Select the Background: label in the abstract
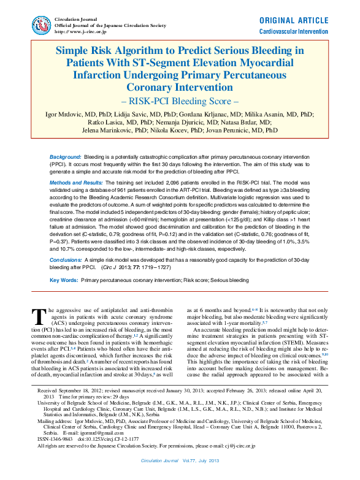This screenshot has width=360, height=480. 66,158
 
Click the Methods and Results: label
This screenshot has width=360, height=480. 77,183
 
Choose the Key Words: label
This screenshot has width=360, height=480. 63,280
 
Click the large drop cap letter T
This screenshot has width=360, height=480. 39,316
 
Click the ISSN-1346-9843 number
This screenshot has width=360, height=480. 61,439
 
